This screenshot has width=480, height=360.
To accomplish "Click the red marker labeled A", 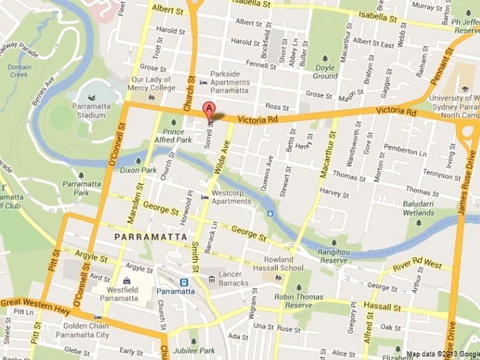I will coord(208,110).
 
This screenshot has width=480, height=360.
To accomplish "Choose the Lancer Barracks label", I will coord(233,278).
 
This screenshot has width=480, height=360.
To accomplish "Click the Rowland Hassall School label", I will coord(284,264).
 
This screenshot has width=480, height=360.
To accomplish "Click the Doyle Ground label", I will coord(325,73).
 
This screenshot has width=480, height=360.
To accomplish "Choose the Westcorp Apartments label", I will coord(231,197).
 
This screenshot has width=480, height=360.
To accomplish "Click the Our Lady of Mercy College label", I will coord(153,83).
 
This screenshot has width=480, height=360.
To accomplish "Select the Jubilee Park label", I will coord(193,350).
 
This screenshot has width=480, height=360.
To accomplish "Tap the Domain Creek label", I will coord(19,71).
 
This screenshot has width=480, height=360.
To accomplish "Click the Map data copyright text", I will coord(443,354).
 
